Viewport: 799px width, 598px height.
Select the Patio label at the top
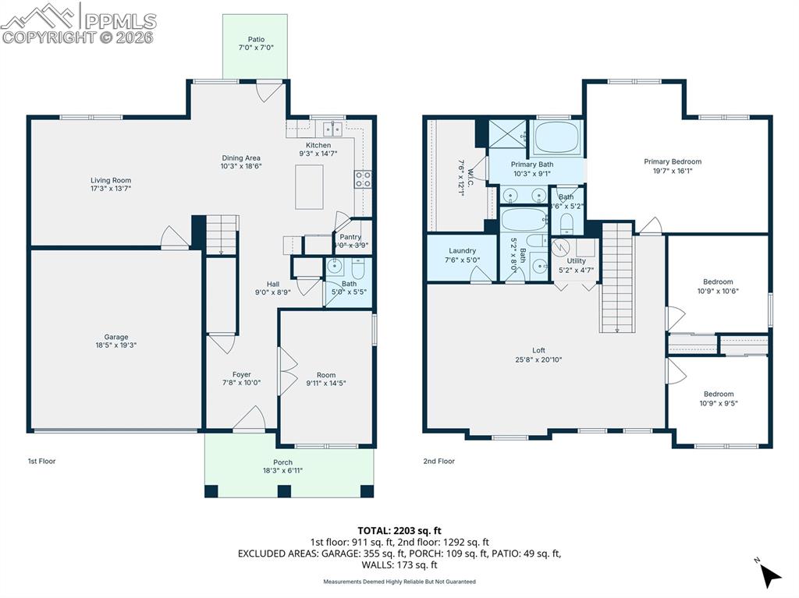point(256,39)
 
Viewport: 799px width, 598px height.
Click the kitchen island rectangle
point(309,187)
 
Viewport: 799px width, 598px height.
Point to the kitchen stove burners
point(364,180)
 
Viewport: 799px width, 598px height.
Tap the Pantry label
point(350,236)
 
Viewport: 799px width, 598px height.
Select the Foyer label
point(241,374)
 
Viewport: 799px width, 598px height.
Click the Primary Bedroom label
point(672,161)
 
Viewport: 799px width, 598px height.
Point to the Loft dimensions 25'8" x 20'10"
point(538,360)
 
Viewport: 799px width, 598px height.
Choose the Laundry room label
point(462,251)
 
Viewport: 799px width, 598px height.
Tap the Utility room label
point(576,261)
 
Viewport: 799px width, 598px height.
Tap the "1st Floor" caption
point(42,462)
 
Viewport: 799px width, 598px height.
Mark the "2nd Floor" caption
point(439,462)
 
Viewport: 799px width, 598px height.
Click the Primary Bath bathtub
point(559,138)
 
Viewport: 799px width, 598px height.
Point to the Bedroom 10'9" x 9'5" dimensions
point(718,404)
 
